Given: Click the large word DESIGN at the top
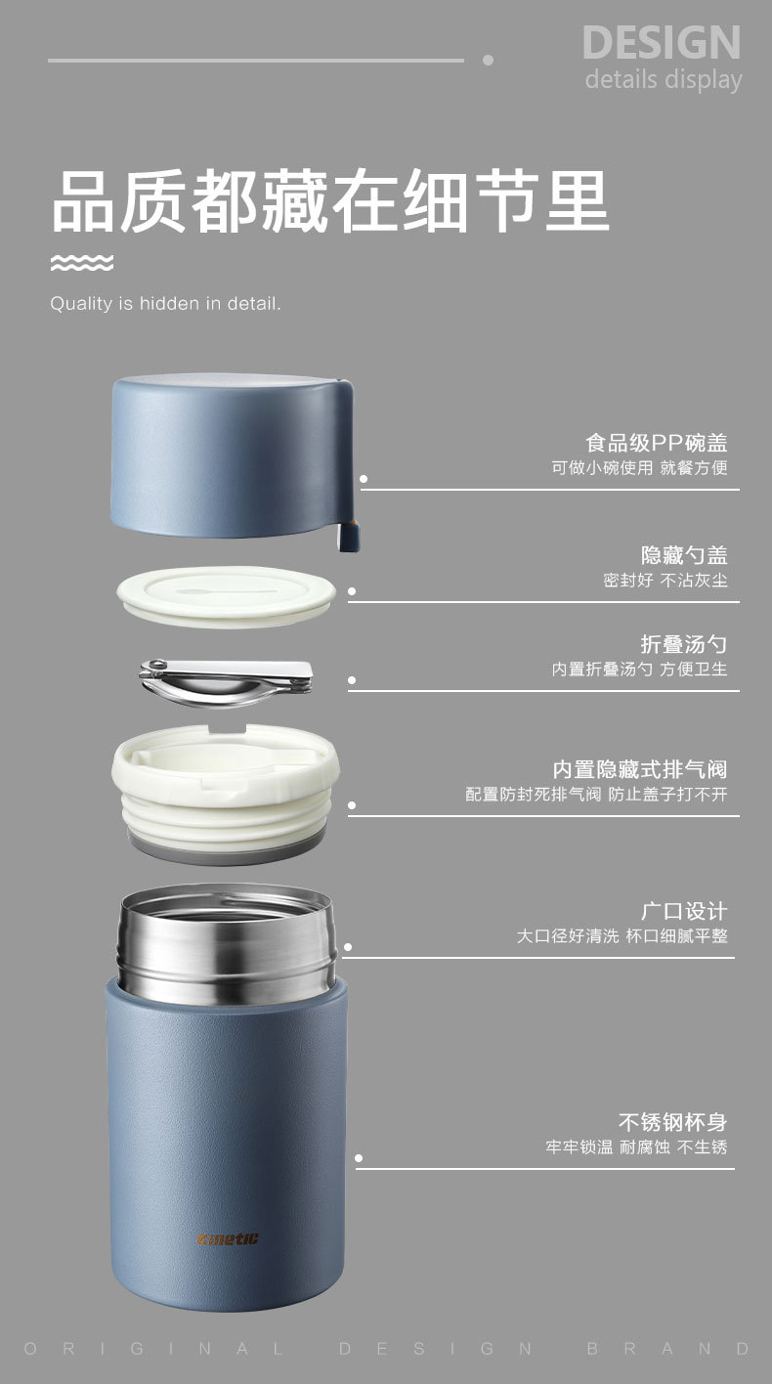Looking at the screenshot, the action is pyautogui.click(x=662, y=42).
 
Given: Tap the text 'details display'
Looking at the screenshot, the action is pyautogui.click(x=664, y=80).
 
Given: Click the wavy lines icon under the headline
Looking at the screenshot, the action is pyautogui.click(x=82, y=263).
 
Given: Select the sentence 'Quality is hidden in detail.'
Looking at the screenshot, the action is pyautogui.click(x=165, y=303).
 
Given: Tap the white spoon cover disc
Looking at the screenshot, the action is pyautogui.click(x=226, y=596).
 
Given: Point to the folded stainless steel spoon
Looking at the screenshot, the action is pyautogui.click(x=226, y=682).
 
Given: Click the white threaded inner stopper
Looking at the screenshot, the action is pyautogui.click(x=226, y=794).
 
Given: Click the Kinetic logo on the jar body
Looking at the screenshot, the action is pyautogui.click(x=228, y=1239).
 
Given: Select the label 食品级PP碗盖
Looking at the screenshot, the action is pyautogui.click(x=657, y=443).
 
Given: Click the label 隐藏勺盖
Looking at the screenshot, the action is pyautogui.click(x=684, y=555).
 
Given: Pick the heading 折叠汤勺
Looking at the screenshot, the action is pyautogui.click(x=684, y=644).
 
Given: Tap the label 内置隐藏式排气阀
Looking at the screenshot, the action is pyautogui.click(x=640, y=769).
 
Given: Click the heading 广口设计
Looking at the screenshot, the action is pyautogui.click(x=684, y=911).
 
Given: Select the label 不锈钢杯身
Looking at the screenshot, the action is pyautogui.click(x=672, y=1122).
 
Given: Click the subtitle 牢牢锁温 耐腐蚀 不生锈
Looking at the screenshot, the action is pyautogui.click(x=636, y=1147).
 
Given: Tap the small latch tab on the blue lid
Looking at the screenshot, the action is pyautogui.click(x=349, y=535).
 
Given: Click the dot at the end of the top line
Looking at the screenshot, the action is pyautogui.click(x=488, y=60).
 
